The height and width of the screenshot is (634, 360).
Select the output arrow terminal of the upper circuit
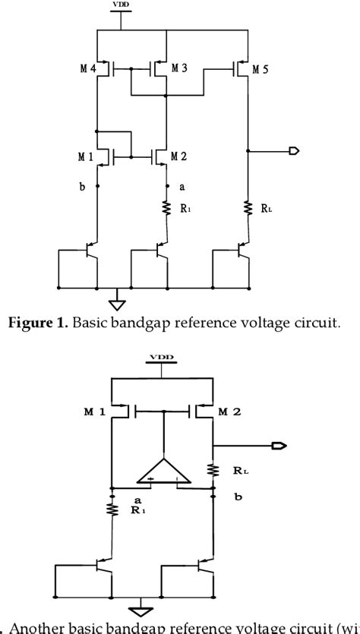coord(293,151)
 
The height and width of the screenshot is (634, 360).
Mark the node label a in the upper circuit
coord(182,185)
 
